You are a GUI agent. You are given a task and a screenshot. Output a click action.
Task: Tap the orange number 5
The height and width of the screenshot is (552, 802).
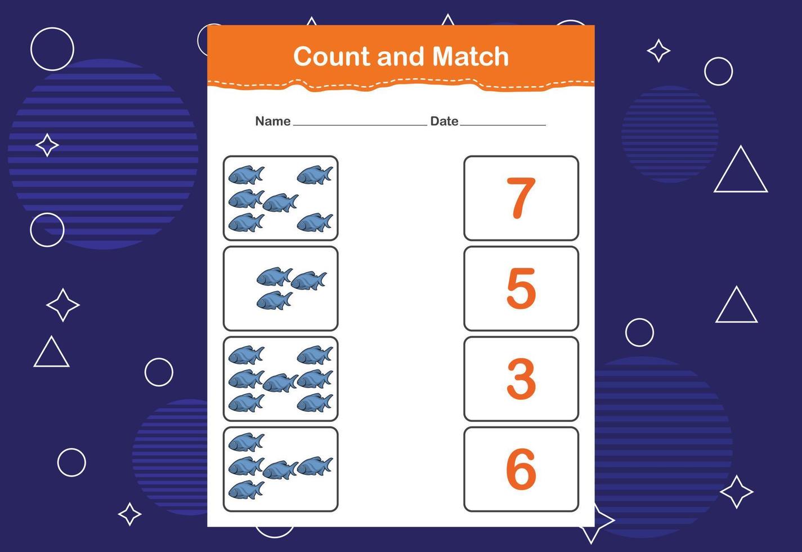point(521,288)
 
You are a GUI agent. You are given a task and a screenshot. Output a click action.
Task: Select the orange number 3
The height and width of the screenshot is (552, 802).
point(521,379)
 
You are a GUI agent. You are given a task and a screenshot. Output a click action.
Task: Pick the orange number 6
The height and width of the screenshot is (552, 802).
point(521,469)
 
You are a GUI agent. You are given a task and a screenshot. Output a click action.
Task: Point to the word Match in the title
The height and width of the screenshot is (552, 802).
point(471,57)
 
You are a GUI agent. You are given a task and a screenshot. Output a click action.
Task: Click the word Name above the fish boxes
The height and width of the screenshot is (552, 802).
point(273,121)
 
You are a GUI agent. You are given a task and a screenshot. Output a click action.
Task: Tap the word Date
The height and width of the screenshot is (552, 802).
point(444,121)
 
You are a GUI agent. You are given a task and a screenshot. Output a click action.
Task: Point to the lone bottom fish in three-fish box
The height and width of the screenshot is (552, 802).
point(275,300)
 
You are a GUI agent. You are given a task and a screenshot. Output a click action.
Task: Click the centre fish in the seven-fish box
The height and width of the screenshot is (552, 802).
point(280,383)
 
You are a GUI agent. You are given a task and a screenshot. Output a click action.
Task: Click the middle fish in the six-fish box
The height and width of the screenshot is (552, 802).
point(280,203)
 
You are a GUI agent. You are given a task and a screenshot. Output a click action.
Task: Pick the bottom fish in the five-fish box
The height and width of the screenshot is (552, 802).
point(247,490)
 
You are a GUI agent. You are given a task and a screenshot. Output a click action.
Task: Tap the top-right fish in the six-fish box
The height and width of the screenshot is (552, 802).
point(315,175)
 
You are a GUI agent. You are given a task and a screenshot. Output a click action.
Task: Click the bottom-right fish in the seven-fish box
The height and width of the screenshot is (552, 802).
point(315,403)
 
